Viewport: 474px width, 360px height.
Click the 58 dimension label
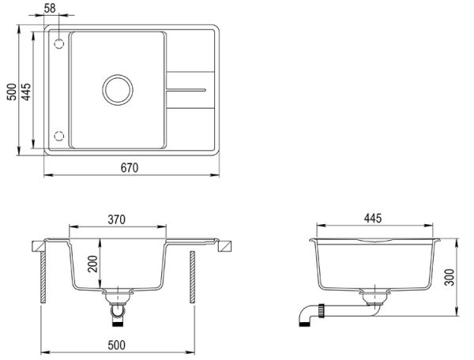[50, 8]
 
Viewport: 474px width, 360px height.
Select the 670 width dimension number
[130, 168]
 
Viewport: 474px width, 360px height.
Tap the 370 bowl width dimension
[116, 219]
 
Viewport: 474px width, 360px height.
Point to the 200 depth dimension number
[93, 264]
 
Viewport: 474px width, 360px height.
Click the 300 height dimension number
[450, 277]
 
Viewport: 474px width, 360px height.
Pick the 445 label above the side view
[373, 218]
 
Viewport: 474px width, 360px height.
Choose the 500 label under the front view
[116, 345]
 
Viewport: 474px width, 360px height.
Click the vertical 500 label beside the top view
[12, 92]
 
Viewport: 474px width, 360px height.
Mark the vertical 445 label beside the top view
[26, 92]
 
